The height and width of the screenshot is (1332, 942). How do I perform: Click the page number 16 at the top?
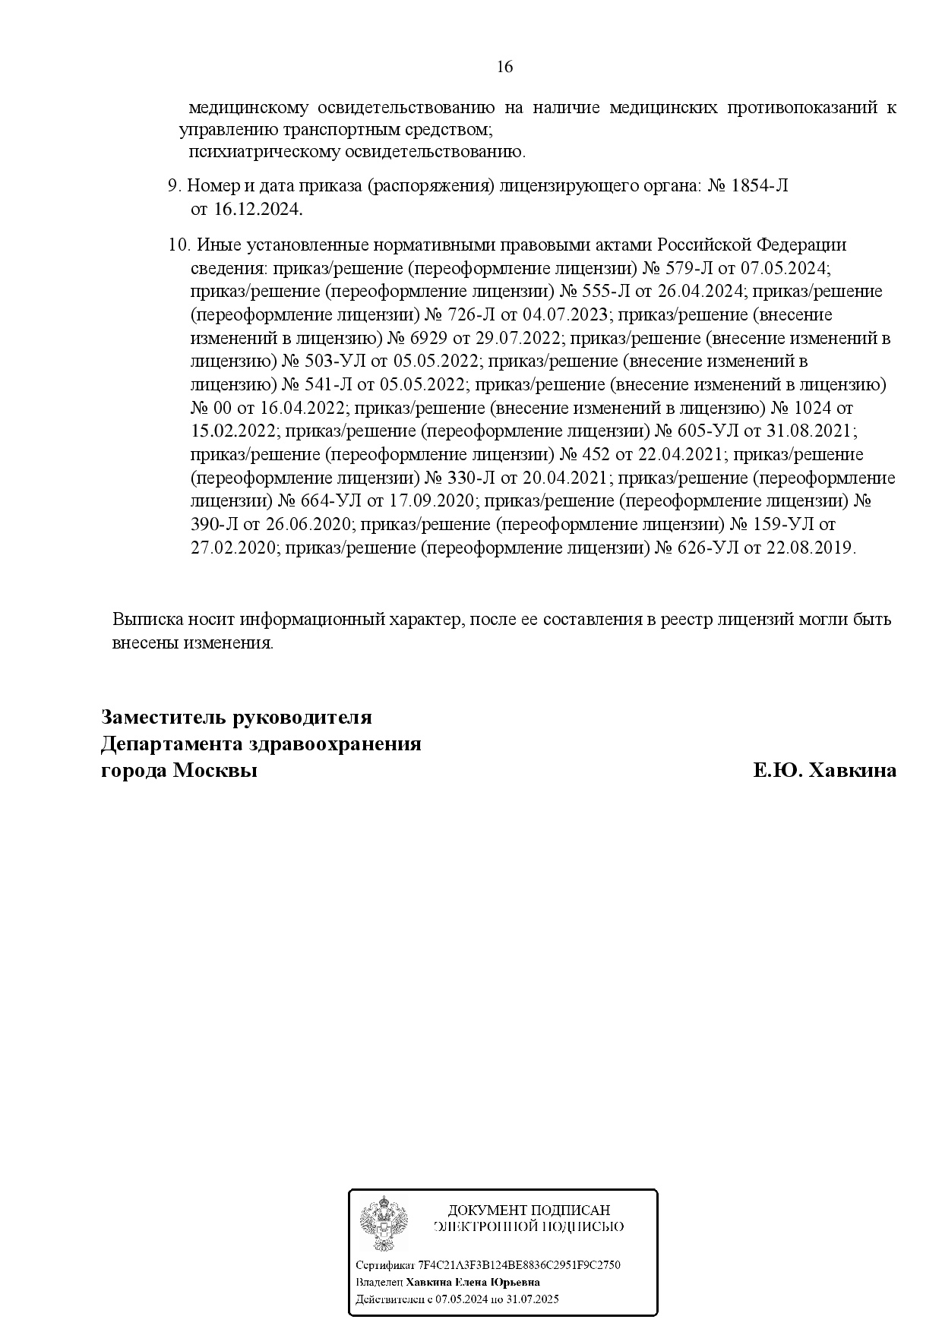(x=504, y=67)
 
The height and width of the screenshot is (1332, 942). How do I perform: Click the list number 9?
(x=172, y=185)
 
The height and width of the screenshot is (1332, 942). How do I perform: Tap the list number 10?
(x=177, y=245)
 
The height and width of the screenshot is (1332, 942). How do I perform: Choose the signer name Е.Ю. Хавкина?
(x=824, y=771)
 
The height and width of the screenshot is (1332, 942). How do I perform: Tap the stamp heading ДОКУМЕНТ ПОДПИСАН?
(x=529, y=1210)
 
